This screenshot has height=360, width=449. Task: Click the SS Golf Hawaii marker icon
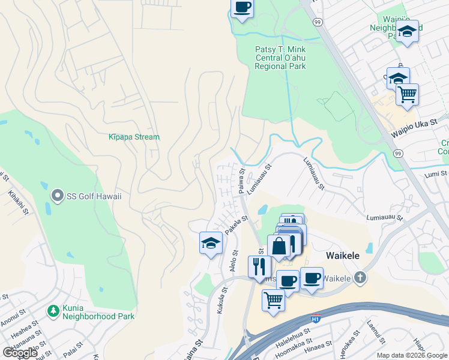pyautogui.click(x=58, y=196)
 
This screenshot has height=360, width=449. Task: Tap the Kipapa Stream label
pyautogui.click(x=134, y=137)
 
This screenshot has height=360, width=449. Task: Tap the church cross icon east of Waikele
pyautogui.click(x=359, y=277)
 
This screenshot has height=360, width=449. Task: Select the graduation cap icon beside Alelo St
pyautogui.click(x=211, y=242)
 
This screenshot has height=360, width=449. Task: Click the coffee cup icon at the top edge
pyautogui.click(x=242, y=8)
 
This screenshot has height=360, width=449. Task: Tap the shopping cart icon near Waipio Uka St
pyautogui.click(x=407, y=94)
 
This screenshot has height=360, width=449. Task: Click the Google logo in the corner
pyautogui.click(x=20, y=352)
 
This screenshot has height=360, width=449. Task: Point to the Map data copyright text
pyautogui.click(x=412, y=355)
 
